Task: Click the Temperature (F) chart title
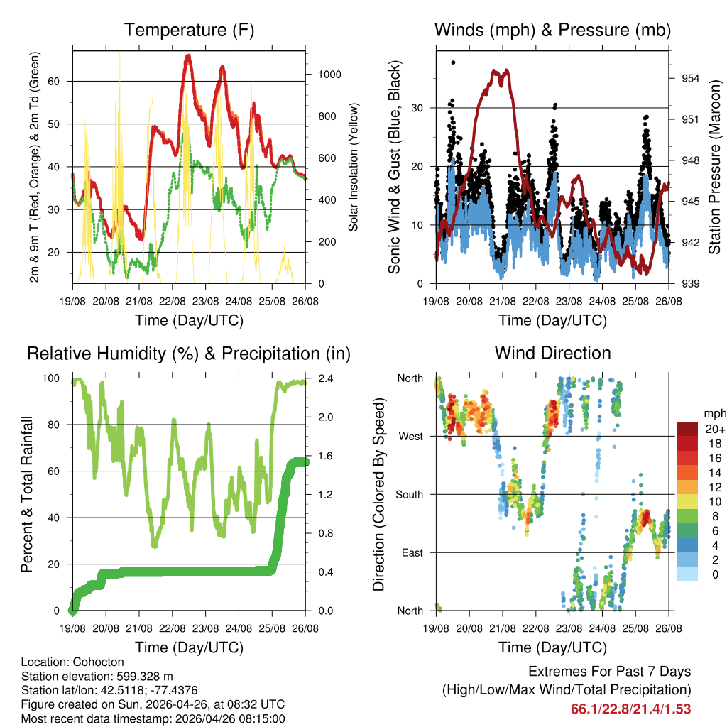(x=189, y=30)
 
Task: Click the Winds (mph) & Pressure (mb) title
(x=552, y=30)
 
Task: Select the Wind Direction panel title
(x=552, y=353)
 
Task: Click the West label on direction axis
(x=411, y=437)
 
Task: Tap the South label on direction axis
(x=410, y=495)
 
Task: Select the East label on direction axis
(x=412, y=553)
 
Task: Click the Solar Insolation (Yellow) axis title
(x=353, y=167)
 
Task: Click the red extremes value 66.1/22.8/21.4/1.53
(x=630, y=709)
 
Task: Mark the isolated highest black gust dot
(x=454, y=62)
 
